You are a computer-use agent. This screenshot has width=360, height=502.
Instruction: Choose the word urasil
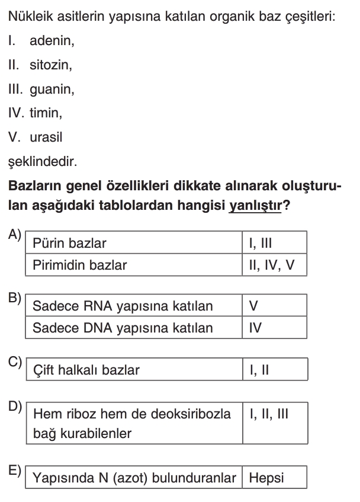pos(46,137)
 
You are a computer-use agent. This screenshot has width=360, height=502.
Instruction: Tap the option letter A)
pos(15,235)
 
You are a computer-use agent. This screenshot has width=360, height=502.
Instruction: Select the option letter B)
pos(15,298)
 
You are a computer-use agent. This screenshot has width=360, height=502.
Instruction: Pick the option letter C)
pos(15,362)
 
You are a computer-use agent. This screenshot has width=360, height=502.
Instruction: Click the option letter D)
pos(15,407)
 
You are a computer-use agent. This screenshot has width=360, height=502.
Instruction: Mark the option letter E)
pos(15,471)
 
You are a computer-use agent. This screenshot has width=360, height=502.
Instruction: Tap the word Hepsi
pos(266,478)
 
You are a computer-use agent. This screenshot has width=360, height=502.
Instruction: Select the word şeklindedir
pos(42,161)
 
